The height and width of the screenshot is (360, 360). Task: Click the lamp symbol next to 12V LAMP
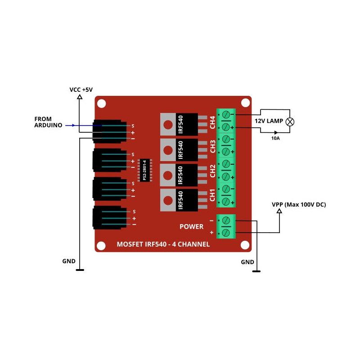point(291,121)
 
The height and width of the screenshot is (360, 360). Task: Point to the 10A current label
point(275,138)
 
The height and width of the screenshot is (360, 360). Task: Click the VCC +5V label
point(81,90)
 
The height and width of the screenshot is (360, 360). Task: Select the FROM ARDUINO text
point(48,122)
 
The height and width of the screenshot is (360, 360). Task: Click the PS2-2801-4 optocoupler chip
point(145,171)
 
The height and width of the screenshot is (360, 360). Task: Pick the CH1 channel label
point(212,195)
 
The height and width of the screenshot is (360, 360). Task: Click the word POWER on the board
point(192,226)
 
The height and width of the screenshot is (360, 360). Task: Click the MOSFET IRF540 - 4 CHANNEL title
point(163,244)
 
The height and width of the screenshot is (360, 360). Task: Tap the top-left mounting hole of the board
point(101,103)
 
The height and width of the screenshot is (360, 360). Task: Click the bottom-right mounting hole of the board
point(245,245)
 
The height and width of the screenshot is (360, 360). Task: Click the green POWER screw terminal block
point(226,226)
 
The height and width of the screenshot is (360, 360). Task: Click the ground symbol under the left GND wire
point(80,270)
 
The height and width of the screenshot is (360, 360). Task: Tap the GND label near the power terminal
point(247,262)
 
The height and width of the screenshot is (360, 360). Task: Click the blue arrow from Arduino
point(70,126)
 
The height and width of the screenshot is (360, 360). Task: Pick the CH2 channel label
point(212,171)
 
